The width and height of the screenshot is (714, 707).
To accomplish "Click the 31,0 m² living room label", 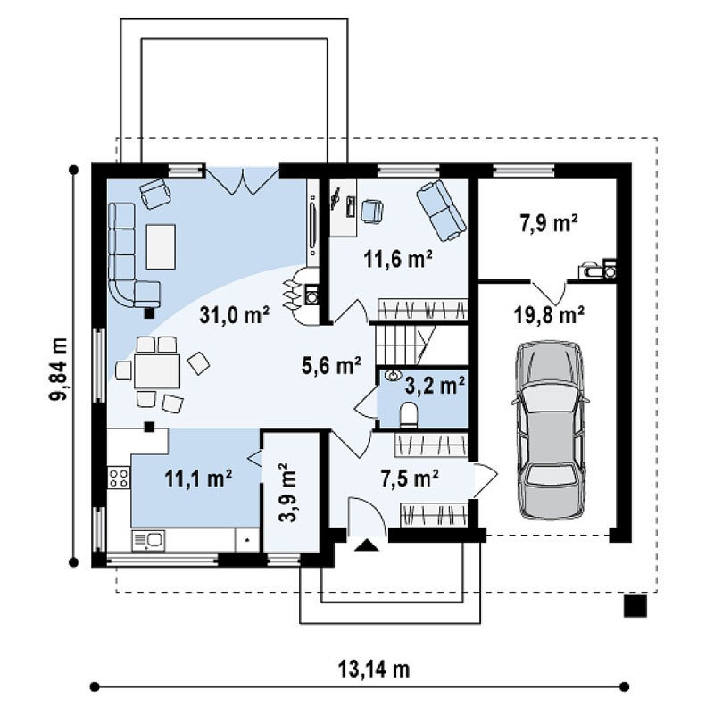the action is (x=235, y=315).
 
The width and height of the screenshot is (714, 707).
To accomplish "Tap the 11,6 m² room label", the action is (x=397, y=259).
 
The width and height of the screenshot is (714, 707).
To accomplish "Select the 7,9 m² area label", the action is (x=549, y=224).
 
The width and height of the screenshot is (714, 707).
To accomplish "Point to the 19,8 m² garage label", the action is (x=549, y=314).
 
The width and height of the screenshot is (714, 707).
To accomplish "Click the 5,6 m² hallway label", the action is (x=331, y=365).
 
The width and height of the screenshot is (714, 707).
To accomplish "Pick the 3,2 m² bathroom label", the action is (x=435, y=386).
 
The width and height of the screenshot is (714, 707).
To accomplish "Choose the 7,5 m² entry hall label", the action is (x=410, y=478).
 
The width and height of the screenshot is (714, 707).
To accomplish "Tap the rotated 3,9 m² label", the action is (x=287, y=492).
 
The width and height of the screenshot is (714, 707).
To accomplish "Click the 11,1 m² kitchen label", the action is (x=198, y=478).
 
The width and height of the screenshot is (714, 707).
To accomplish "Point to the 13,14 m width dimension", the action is (x=373, y=670).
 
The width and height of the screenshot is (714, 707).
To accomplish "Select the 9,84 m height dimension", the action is (x=58, y=369).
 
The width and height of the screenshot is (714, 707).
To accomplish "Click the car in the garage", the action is (x=550, y=429).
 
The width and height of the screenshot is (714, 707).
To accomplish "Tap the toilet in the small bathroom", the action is (x=409, y=415).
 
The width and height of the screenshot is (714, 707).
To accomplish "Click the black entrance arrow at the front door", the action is (x=367, y=545).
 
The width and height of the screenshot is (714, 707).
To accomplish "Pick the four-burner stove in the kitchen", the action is (x=119, y=478).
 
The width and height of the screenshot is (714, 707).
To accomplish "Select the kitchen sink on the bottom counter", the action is (x=148, y=541).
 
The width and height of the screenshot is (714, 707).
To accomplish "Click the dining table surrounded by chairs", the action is (x=157, y=370).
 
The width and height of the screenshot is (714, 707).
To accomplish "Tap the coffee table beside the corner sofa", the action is (x=161, y=246).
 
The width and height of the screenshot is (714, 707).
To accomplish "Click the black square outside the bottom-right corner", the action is (x=635, y=605).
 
